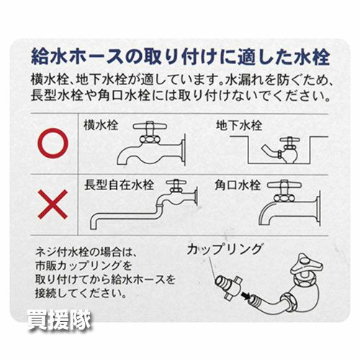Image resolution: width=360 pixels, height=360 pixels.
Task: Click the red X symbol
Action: click(53, 204)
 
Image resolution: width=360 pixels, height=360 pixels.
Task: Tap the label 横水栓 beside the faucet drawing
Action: click(101, 125)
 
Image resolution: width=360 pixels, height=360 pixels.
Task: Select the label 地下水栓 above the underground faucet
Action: click(239, 125)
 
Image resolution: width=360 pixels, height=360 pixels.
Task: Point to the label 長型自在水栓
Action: click(119, 185)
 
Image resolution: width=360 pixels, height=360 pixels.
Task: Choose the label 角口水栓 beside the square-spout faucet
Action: click(238, 185)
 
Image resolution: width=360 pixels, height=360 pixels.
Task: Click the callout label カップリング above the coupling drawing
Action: click(225, 249)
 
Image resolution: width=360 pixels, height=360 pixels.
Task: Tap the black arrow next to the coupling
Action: click(246, 296)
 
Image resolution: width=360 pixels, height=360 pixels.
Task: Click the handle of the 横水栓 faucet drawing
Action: click(150, 125)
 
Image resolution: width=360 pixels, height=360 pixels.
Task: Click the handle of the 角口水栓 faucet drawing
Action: click(284, 185)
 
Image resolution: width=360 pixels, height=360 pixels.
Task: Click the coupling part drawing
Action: click(228, 287)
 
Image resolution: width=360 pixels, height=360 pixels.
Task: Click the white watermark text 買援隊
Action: click(59, 320)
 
